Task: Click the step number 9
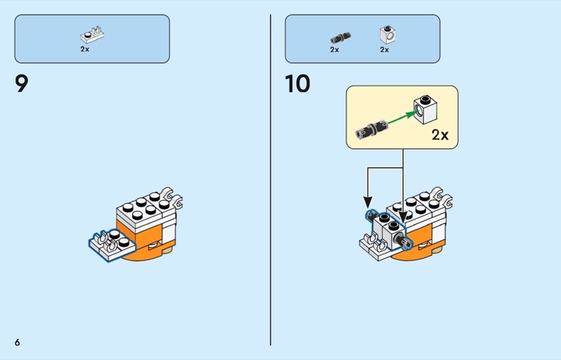click(x=22, y=85)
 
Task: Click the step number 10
click(x=297, y=85)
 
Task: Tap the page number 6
click(x=17, y=342)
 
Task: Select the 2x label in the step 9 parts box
click(x=85, y=50)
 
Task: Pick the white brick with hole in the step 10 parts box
click(x=385, y=35)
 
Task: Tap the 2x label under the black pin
click(x=334, y=50)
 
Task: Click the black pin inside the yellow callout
click(x=370, y=128)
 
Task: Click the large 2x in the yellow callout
click(x=440, y=135)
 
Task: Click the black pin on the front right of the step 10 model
click(x=405, y=241)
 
